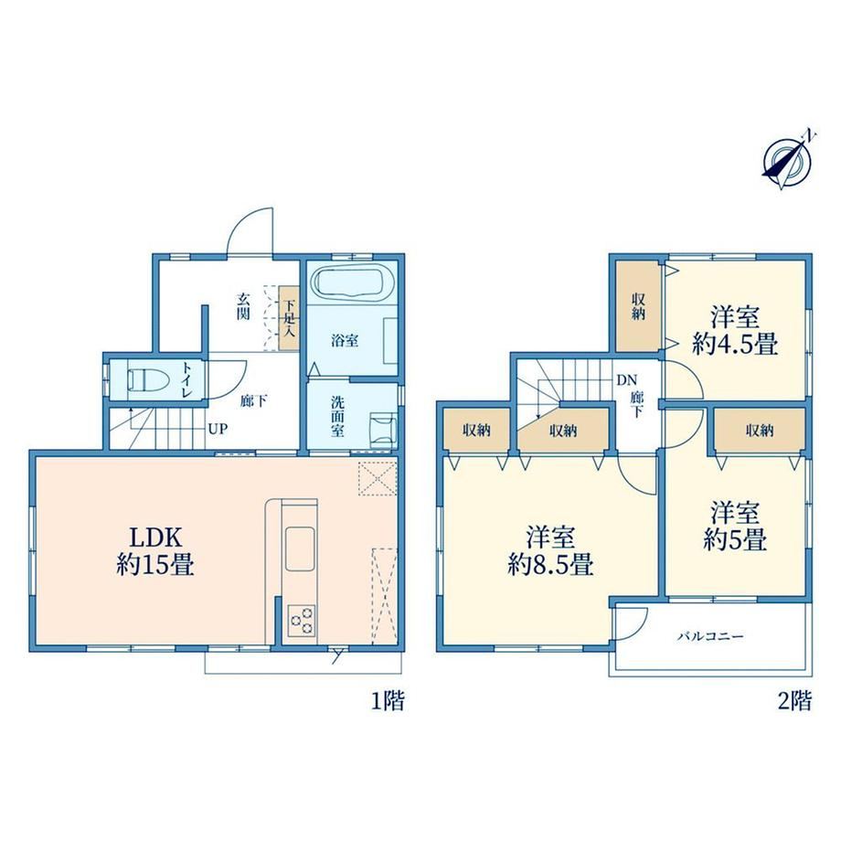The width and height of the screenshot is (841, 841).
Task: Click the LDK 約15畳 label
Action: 155,551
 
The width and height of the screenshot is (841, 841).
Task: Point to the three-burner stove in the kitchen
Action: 302,621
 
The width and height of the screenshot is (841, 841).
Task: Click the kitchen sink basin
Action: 300,548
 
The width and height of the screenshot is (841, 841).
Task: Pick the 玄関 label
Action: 243,306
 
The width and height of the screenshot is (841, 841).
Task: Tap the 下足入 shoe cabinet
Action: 289,318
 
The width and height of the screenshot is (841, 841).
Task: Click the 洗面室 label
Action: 337,417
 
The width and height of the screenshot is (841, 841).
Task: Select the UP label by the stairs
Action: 218,429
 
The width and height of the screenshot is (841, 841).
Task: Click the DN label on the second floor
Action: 626,380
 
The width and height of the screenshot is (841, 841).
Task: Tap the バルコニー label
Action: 710,636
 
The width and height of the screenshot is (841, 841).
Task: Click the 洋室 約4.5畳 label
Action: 735,330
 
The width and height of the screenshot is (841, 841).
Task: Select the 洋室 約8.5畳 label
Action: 550,551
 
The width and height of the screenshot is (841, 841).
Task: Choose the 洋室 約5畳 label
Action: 735,527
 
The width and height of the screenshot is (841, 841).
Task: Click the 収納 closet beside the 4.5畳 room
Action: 638,306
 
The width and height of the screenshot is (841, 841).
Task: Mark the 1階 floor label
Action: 388,700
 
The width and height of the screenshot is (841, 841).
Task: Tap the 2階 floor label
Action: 795,700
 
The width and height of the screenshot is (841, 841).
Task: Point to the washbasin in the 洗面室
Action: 384,429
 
